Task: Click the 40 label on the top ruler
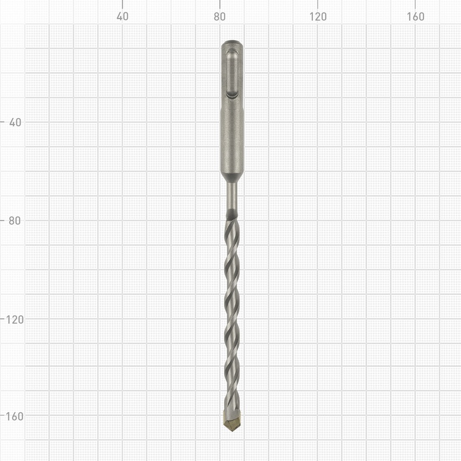tap(122, 17)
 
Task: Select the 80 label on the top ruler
tap(220, 17)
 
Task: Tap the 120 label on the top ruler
tap(318, 17)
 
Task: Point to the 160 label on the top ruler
tap(415, 17)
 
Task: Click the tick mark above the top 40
tap(122, 4)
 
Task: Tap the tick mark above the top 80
tap(220, 4)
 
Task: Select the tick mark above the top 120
tap(318, 4)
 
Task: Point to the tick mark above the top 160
tap(415, 4)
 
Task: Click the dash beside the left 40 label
tap(3, 122)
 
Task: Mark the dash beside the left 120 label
tap(3, 318)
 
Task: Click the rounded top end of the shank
tap(232, 44)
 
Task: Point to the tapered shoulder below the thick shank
tap(232, 176)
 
